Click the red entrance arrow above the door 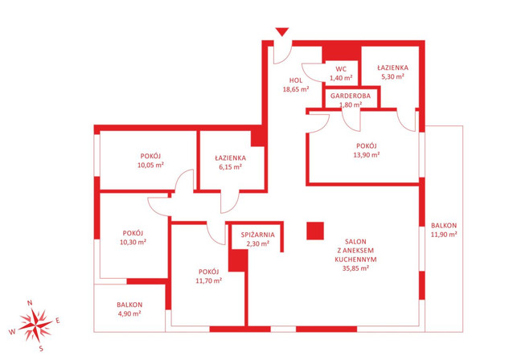pyautogui.click(x=282, y=32)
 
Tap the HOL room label pyautogui.click(x=296, y=80)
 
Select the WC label pyautogui.click(x=341, y=69)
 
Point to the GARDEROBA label pyautogui.click(x=351, y=96)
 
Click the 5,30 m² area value pyautogui.click(x=392, y=76)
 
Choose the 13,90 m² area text pyautogui.click(x=367, y=155)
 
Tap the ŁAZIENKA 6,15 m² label pyautogui.click(x=231, y=162)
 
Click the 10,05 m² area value pyautogui.click(x=150, y=165)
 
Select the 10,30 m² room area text pyautogui.click(x=133, y=242)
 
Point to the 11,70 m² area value pyautogui.click(x=209, y=280)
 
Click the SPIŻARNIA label pyautogui.click(x=258, y=235)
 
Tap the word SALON pyautogui.click(x=355, y=242)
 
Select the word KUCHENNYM pyautogui.click(x=355, y=260)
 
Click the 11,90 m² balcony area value pyautogui.click(x=444, y=234)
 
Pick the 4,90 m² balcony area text pyautogui.click(x=129, y=313)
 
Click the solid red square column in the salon pyautogui.click(x=315, y=231)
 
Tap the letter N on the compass pyautogui.click(x=30, y=303)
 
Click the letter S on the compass pyautogui.click(x=41, y=349)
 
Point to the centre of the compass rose pyautogui.click(x=35, y=325)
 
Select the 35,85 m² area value pyautogui.click(x=355, y=268)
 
